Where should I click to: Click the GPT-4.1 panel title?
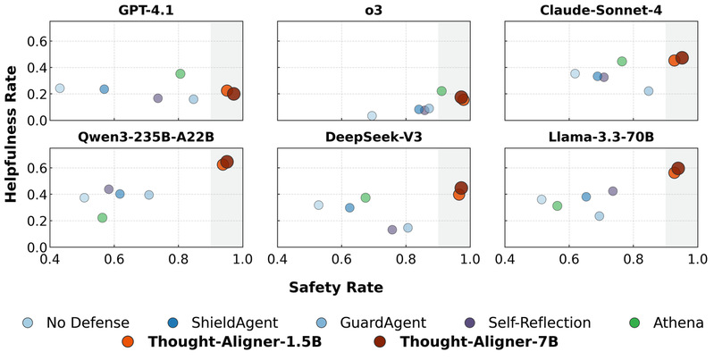[146, 11]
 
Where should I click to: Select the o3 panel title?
[374, 11]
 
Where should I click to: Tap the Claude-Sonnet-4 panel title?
[601, 11]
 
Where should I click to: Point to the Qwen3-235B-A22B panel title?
[146, 137]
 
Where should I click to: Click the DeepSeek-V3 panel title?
[374, 137]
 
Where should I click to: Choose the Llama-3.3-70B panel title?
[601, 137]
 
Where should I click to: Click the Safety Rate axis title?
[336, 288]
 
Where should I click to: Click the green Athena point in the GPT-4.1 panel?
[180, 74]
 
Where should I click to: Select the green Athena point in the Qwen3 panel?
[102, 218]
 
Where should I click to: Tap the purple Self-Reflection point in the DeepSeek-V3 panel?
[392, 230]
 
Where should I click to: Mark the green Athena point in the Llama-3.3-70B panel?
[557, 206]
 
